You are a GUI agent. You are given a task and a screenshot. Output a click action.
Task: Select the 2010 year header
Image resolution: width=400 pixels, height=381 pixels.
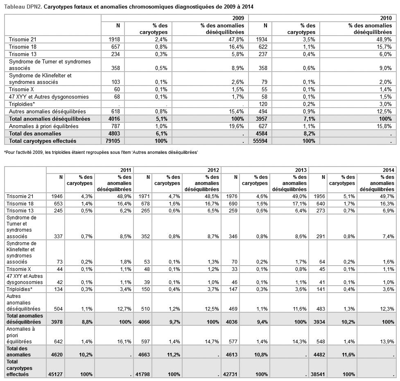[x=386, y=18]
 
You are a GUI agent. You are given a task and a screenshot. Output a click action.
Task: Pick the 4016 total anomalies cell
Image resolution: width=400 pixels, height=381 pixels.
[x=113, y=119]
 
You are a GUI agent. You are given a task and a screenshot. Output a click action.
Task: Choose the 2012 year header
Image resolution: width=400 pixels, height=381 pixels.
[x=213, y=170]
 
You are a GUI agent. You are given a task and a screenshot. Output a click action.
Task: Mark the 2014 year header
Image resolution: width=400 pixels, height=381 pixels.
[x=389, y=170]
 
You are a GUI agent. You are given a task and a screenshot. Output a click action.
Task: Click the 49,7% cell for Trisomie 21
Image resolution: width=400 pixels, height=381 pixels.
[x=387, y=196]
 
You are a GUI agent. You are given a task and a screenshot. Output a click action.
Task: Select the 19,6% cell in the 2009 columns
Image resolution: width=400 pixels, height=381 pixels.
[x=237, y=126]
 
